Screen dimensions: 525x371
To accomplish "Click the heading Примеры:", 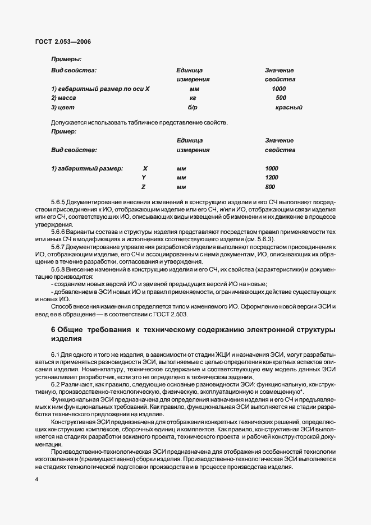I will (66, 59).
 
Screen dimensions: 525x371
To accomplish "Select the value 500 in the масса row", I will (281, 98).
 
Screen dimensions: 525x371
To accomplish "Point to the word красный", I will (289, 107).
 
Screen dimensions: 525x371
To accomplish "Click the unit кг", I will (193, 98).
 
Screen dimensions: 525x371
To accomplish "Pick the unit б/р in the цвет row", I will (193, 107).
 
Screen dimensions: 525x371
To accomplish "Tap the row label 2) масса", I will (63, 98).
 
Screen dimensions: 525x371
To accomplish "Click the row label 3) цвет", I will (63, 107).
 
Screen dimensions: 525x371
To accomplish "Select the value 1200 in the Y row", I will (272, 177).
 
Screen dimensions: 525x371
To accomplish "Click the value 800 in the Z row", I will (270, 187).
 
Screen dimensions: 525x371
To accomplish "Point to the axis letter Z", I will (144, 187).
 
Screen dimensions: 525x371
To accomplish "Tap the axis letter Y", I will (144, 177).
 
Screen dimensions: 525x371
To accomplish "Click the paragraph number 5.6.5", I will (58, 201).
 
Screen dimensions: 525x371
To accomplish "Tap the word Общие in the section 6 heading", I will (75, 330).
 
